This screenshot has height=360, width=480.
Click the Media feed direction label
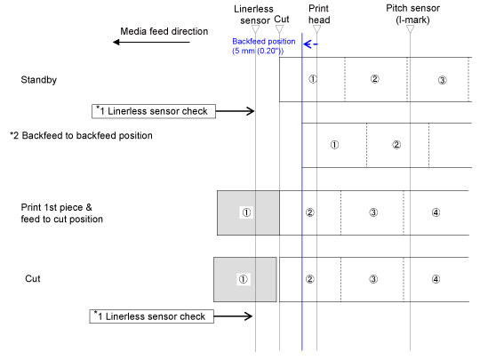tap(164, 31)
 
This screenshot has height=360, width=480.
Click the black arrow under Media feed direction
tap(151, 42)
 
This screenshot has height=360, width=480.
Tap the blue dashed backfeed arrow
tap(310, 44)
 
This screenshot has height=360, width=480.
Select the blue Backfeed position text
tap(264, 46)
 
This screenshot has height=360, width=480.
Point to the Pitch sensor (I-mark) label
tap(412, 14)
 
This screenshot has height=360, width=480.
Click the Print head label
tap(319, 14)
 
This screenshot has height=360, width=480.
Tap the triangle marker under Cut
tap(279, 29)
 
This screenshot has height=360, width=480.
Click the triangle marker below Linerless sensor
tap(256, 29)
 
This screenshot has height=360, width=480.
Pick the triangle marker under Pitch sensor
tap(410, 29)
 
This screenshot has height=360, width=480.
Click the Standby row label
tap(39, 80)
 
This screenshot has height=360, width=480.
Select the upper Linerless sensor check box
tap(154, 111)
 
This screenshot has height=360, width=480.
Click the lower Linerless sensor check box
tap(151, 316)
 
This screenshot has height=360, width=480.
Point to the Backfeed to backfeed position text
tap(81, 135)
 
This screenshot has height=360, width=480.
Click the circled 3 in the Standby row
tap(442, 80)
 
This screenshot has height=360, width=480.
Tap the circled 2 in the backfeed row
tap(396, 145)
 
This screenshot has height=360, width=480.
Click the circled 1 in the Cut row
tap(244, 279)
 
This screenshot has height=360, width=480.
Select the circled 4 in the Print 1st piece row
tap(436, 212)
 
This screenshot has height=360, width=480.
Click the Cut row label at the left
tap(33, 278)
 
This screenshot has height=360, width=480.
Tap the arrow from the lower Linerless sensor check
tap(233, 316)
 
